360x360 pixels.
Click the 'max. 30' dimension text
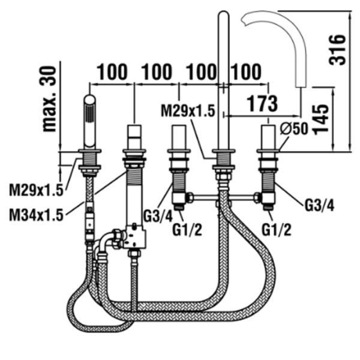(x=50, y=99)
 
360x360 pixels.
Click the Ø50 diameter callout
(x=293, y=128)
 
